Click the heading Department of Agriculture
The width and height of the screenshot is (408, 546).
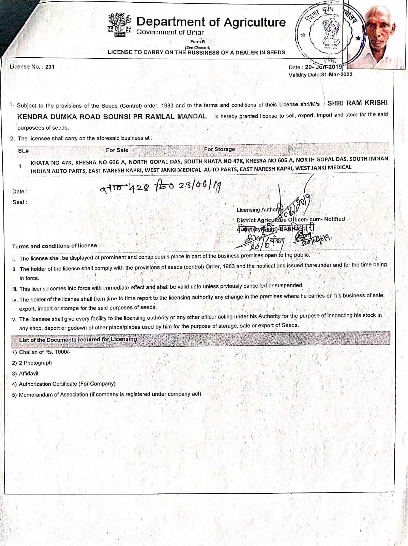point(211,22)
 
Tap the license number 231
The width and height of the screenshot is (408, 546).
point(50,67)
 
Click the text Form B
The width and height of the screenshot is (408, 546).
point(198,42)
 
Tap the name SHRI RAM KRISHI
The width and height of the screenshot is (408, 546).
point(358,103)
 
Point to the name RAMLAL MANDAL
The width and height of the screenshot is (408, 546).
point(176,116)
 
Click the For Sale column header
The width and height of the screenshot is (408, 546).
point(117,150)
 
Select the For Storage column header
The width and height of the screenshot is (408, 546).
point(220,149)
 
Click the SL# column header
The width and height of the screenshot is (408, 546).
point(23,150)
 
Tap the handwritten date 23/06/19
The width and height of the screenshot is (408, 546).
point(200,185)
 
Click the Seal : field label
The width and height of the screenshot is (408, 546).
point(20,202)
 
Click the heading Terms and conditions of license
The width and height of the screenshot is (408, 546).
point(55,246)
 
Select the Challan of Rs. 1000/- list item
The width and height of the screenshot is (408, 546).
point(44,352)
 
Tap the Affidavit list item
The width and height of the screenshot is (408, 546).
point(29,373)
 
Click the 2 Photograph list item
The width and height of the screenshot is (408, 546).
point(35,363)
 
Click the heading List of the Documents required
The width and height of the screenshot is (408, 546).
point(78,340)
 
